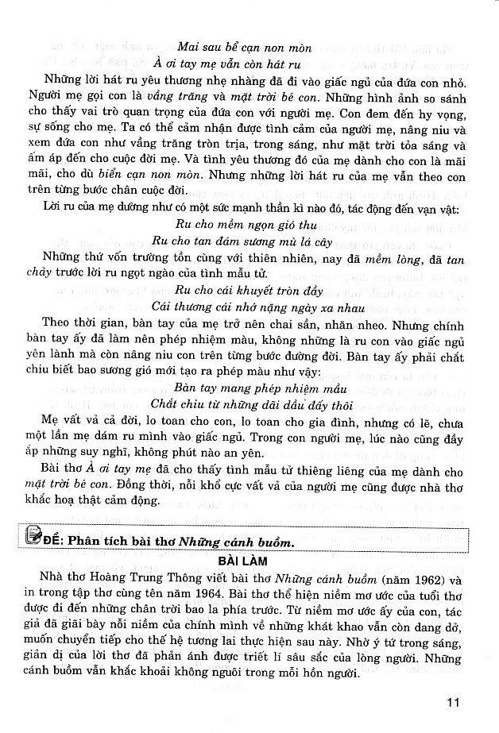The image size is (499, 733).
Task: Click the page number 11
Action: pyautogui.click(x=454, y=701)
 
